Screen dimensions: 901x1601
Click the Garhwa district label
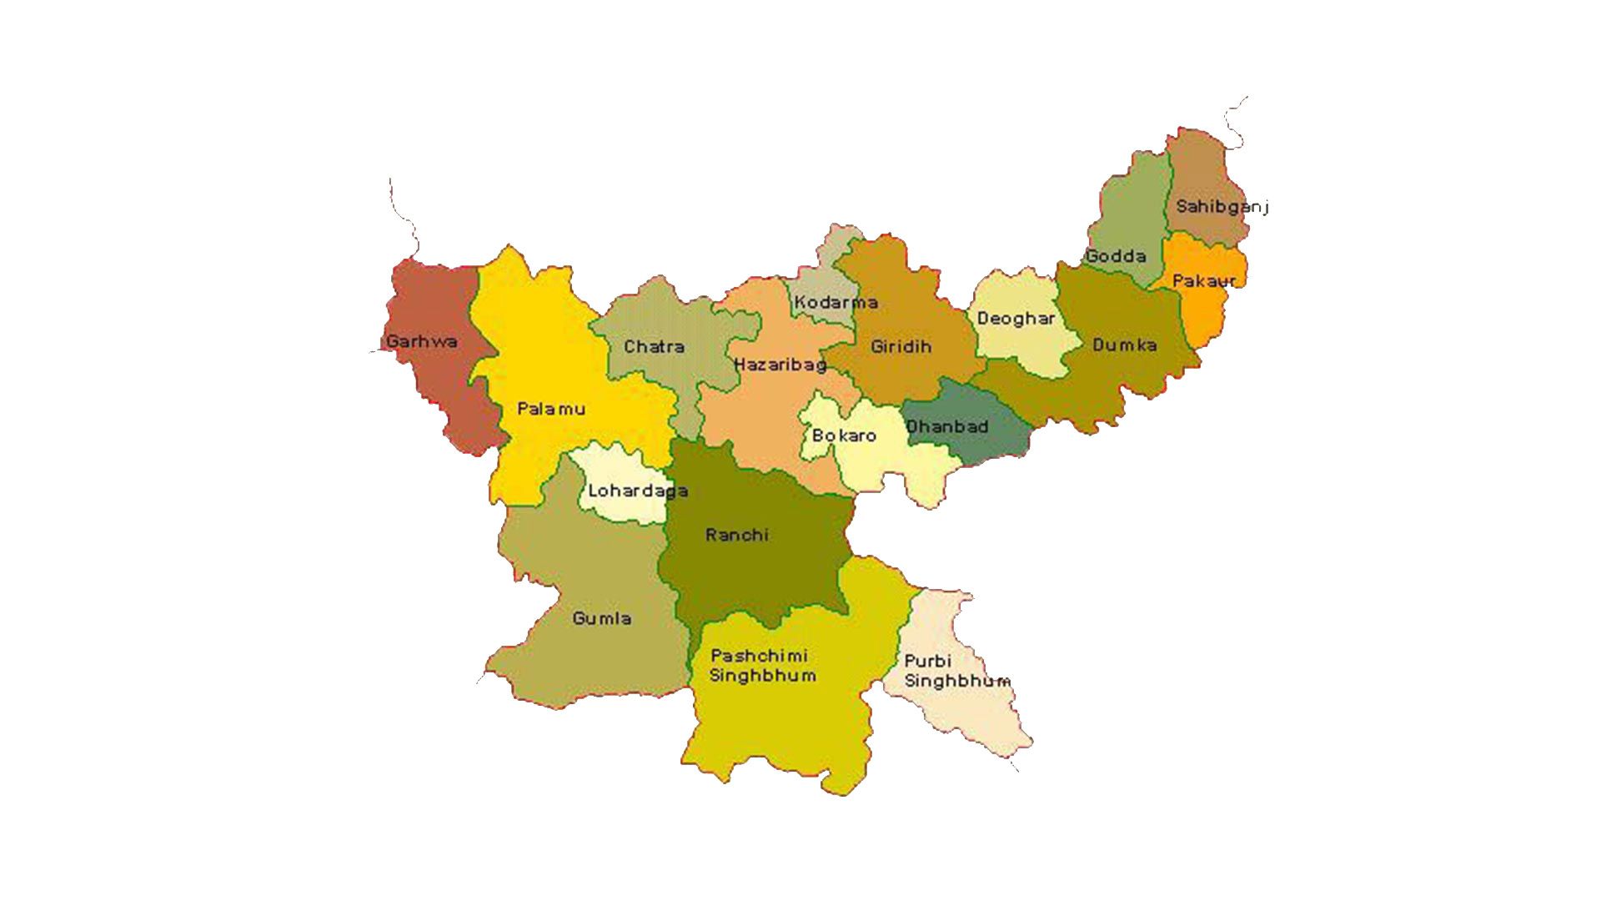[421, 341]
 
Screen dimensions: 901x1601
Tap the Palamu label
[550, 409]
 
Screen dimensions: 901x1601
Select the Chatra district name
[654, 346]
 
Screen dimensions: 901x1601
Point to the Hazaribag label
[780, 365]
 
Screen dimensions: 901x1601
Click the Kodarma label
[836, 302]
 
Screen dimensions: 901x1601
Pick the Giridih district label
[901, 346]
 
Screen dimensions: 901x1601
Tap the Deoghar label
[1016, 319]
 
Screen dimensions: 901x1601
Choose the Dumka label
[1124, 345]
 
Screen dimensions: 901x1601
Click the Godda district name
[1116, 256]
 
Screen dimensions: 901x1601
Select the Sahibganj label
[1222, 206]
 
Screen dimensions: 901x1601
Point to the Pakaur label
[1204, 281]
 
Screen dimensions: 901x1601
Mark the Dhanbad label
[947, 426]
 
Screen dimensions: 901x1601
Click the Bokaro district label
[844, 435]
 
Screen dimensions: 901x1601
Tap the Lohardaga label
[638, 491]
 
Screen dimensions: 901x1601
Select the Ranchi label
[736, 535]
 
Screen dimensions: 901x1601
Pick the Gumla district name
[601, 618]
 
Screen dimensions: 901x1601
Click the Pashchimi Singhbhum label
[762, 666]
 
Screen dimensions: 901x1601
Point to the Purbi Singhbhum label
[956, 671]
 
